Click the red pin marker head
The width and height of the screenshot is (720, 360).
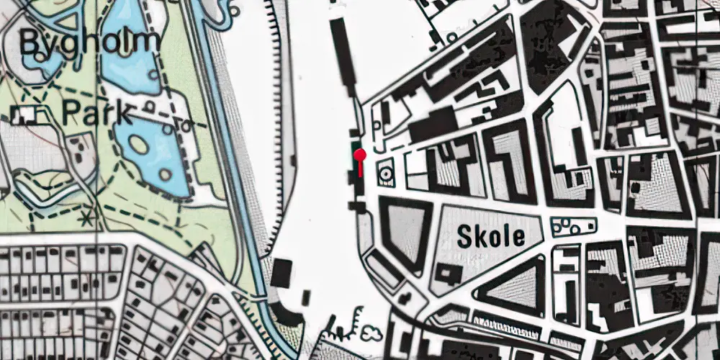tap(359, 154)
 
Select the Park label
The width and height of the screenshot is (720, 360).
tap(96, 113)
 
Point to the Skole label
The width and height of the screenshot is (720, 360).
tap(490, 236)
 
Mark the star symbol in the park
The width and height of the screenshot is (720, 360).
tap(89, 215)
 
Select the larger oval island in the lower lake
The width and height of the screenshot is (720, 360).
tap(140, 144)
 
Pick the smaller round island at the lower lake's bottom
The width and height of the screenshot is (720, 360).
tap(167, 175)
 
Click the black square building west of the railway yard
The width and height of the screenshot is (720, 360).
tap(282, 272)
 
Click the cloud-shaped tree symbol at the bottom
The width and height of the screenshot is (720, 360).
tap(372, 332)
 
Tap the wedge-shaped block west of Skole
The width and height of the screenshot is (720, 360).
tap(405, 230)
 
